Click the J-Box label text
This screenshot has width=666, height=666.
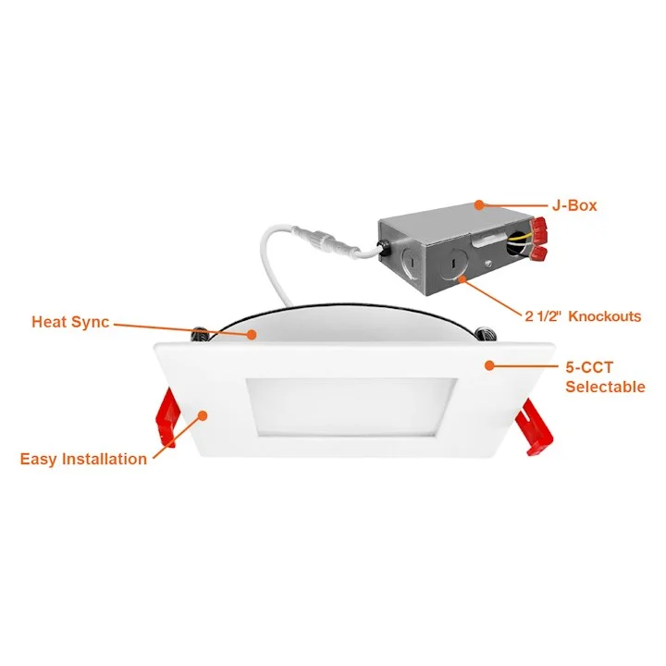coord(574,205)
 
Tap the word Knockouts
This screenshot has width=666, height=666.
coord(604,316)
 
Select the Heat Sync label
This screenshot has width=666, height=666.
coord(70,322)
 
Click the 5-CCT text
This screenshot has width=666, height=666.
coord(589,367)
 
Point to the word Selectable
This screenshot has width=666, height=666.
coord(605,387)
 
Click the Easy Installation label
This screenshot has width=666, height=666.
coord(83,459)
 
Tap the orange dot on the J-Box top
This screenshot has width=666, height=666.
coord(479,205)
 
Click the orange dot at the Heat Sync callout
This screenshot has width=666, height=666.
coord(252,335)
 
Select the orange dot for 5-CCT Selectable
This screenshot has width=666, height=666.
coord(489,365)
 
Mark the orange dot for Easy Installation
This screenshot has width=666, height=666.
coord(203,415)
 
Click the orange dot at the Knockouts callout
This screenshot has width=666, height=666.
coord(462,279)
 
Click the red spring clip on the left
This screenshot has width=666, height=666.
coord(166,416)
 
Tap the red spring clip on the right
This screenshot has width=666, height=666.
coord(534,427)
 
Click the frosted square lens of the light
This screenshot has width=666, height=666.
coord(351,406)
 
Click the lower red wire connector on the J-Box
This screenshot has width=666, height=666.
coord(537,254)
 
